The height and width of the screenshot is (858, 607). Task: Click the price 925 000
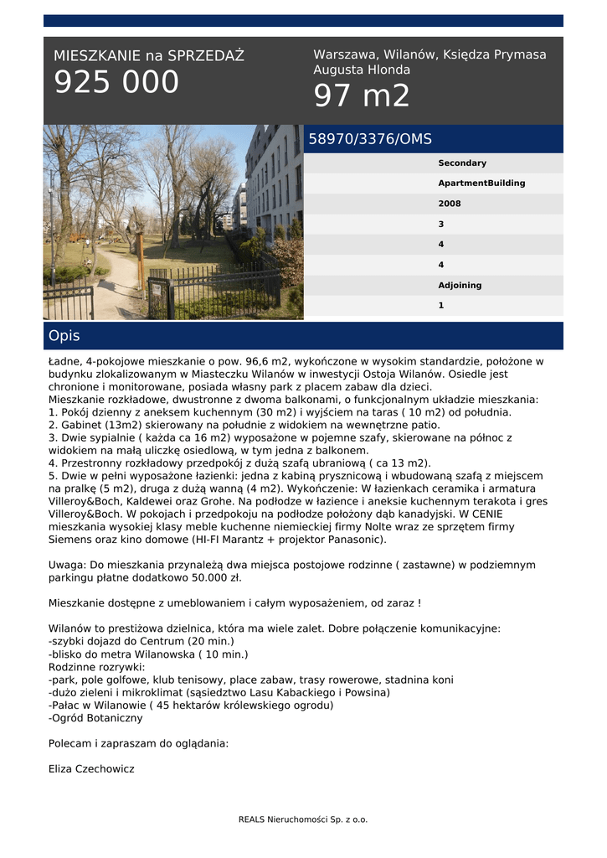(116, 83)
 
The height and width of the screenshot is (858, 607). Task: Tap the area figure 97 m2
(362, 96)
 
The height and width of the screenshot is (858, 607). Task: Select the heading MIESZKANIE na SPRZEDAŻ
(149, 56)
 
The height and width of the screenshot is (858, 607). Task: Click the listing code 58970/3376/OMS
(370, 139)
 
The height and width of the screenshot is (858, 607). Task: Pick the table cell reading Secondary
(462, 163)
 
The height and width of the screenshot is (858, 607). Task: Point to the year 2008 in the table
(450, 204)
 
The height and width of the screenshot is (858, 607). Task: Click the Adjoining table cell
(460, 285)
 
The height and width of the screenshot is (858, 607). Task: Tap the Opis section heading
(64, 336)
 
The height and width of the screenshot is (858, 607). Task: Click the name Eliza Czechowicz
(91, 768)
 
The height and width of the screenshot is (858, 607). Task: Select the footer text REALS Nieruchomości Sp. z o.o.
(303, 819)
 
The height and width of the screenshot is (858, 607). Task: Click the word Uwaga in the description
(66, 565)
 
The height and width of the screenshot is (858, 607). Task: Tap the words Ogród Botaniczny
(98, 718)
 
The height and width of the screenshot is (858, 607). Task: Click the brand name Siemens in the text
(72, 540)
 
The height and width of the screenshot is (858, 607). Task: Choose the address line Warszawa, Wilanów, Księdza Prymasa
(430, 54)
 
